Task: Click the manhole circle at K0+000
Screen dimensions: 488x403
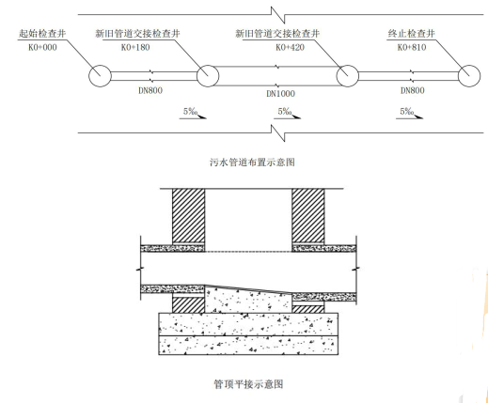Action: (x=89, y=76)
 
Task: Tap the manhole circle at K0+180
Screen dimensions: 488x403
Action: (x=197, y=76)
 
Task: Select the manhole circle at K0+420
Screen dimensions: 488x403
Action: (x=337, y=76)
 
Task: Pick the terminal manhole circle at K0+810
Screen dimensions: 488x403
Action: (x=459, y=76)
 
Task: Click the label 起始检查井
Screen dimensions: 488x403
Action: (x=42, y=34)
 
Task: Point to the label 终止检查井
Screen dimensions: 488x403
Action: (x=412, y=34)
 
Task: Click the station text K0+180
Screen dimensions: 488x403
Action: (x=135, y=48)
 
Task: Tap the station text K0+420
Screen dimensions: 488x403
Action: (x=290, y=48)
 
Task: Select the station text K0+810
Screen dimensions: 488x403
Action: (x=412, y=48)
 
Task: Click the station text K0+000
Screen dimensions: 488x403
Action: (x=43, y=48)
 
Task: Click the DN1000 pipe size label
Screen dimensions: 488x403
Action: (x=280, y=94)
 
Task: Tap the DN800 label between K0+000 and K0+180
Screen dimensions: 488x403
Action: (x=150, y=90)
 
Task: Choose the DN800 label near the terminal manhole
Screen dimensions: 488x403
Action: (x=413, y=90)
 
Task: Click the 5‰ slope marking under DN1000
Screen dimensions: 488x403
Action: (x=287, y=113)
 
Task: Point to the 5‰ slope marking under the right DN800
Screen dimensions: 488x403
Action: (x=409, y=113)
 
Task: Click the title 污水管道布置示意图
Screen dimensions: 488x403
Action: (x=252, y=163)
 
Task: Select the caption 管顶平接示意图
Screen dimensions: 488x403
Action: (x=248, y=384)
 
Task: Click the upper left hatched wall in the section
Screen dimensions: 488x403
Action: (x=188, y=216)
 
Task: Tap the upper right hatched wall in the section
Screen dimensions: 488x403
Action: (x=308, y=216)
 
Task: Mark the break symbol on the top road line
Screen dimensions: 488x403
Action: (x=278, y=15)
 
